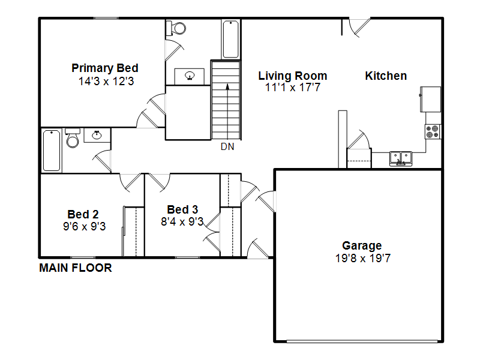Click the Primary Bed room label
[105, 68]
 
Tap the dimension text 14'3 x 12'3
[106, 82]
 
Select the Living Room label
[293, 76]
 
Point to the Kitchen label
[386, 76]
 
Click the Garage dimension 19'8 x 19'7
[363, 258]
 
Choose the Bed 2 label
[83, 214]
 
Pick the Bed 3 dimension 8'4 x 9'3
[182, 221]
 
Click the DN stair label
[227, 147]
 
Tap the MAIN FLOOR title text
[76, 268]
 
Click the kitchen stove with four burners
[433, 131]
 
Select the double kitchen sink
[401, 158]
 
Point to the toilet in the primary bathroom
[176, 28]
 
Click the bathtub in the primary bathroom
[231, 39]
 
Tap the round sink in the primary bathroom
[190, 76]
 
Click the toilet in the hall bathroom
[73, 138]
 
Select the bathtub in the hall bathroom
[52, 151]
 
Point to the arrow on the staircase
[227, 112]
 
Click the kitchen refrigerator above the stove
[430, 100]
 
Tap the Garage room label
[362, 246]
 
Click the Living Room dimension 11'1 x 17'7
[293, 88]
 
